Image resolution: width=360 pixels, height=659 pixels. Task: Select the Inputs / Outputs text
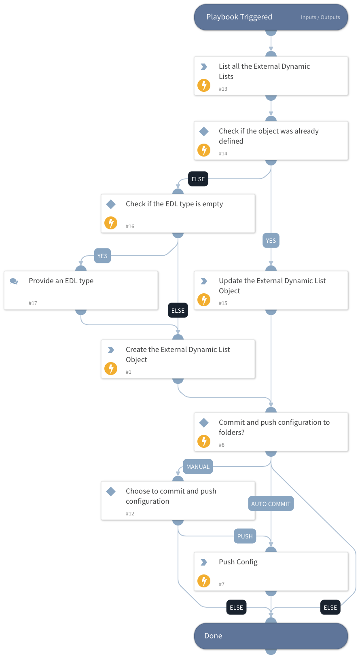click(x=320, y=17)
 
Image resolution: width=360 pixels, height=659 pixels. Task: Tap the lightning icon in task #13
click(x=204, y=85)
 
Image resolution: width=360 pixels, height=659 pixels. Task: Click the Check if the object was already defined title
click(x=269, y=136)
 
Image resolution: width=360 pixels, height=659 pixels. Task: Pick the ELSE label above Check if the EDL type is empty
click(x=198, y=179)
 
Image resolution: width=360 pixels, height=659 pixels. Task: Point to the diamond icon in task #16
click(x=111, y=204)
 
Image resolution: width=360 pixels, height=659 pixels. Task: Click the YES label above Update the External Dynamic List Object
click(x=271, y=241)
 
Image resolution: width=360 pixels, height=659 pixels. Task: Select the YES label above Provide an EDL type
click(x=102, y=256)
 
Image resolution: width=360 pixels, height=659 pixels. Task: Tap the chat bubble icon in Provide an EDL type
click(x=14, y=281)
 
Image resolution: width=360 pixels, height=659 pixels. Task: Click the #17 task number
click(x=33, y=303)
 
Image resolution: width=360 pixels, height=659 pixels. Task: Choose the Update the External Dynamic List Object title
click(x=272, y=286)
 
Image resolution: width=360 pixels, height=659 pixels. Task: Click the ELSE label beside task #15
click(x=178, y=311)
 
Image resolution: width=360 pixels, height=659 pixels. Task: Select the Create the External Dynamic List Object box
click(x=178, y=359)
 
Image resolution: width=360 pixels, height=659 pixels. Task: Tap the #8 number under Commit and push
click(x=222, y=445)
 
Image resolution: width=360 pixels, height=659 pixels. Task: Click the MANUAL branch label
click(x=198, y=467)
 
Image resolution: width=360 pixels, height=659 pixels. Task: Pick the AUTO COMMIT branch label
click(x=271, y=504)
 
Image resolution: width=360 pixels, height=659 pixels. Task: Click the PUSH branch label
click(x=245, y=536)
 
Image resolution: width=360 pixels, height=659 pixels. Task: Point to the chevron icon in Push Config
click(x=204, y=562)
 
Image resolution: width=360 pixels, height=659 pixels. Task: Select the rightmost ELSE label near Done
click(x=330, y=608)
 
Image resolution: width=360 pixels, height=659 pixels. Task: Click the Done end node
click(x=271, y=636)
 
